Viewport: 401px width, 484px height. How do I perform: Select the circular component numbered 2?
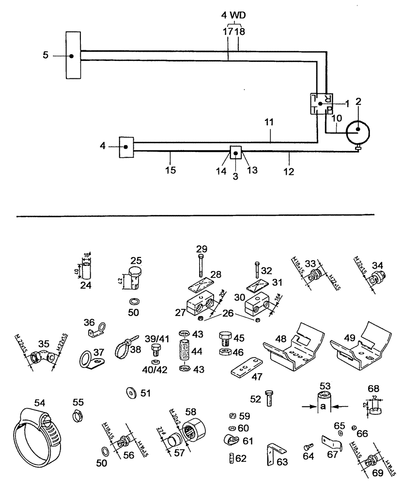point(357,130)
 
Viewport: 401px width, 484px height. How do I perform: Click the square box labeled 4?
point(126,147)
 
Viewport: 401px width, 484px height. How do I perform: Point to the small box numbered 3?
point(236,153)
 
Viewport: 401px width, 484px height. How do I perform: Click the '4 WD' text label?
point(234,15)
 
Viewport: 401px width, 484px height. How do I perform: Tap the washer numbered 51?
point(131,392)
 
